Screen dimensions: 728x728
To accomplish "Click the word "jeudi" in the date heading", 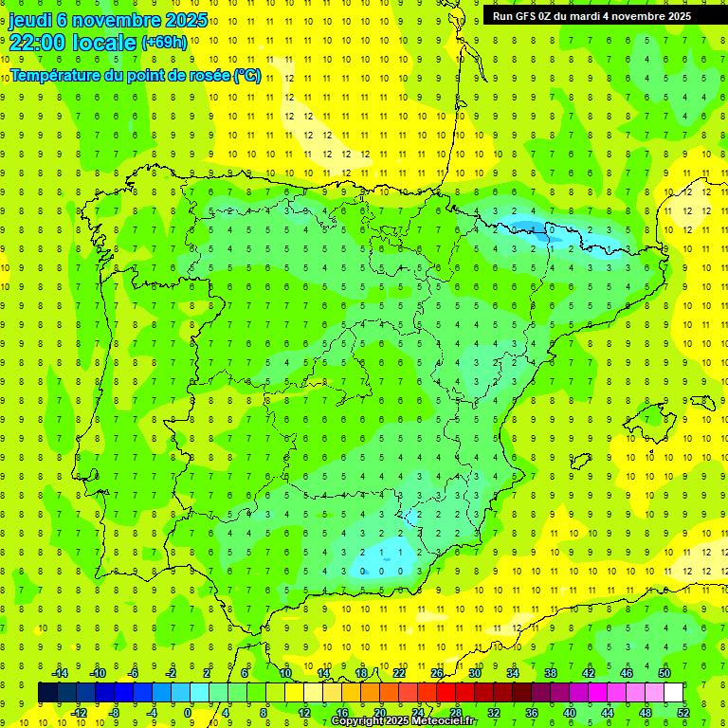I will pyautogui.click(x=31, y=20).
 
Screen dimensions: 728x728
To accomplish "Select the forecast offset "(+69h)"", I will pyautogui.click(x=164, y=43).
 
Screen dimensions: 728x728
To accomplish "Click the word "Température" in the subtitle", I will pyautogui.click(x=56, y=75).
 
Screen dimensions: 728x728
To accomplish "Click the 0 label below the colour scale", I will pyautogui.click(x=189, y=713).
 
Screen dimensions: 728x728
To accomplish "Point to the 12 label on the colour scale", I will pyautogui.click(x=303, y=713).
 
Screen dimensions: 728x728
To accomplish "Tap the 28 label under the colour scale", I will pyautogui.click(x=455, y=713).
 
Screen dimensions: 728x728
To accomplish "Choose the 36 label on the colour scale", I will pyautogui.click(x=531, y=713).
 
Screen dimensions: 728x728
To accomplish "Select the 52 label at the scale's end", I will pyautogui.click(x=683, y=713).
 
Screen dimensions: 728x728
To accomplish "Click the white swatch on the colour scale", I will pyautogui.click(x=674, y=693).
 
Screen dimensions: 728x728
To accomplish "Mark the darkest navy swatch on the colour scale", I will pyautogui.click(x=47, y=693).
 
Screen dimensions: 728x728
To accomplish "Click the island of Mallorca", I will pyautogui.click(x=656, y=417).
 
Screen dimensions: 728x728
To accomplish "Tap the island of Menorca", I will pyautogui.click(x=701, y=403).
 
